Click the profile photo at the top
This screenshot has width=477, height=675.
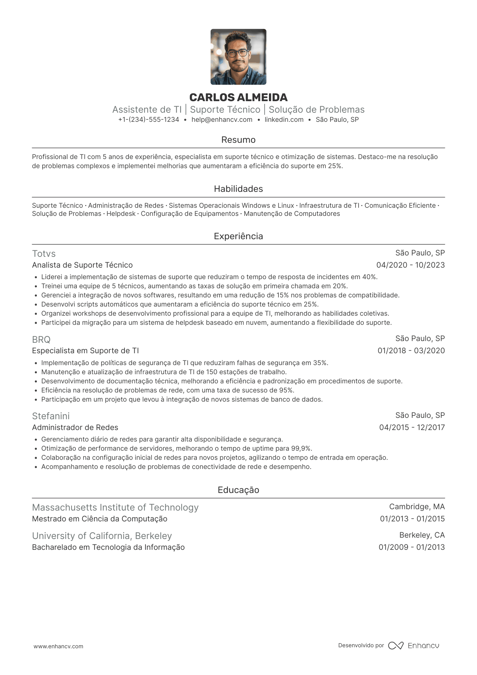238,57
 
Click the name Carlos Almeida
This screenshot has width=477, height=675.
238,97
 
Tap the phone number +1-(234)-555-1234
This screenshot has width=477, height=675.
149,119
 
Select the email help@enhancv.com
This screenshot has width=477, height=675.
222,119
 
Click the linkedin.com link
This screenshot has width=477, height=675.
284,119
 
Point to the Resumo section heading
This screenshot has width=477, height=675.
238,140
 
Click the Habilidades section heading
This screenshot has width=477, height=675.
238,189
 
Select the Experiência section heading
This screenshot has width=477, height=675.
238,236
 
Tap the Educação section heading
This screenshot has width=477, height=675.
238,490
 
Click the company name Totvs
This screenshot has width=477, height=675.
44,254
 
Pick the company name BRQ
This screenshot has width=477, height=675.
41,339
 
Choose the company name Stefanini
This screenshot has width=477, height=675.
51,416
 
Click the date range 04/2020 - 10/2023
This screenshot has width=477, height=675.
410,265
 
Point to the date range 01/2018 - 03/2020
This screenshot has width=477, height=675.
411,351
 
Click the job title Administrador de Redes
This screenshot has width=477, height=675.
75,427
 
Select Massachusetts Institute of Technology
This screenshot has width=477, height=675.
115,508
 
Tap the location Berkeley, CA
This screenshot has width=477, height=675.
422,535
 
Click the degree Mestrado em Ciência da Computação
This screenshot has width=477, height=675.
99,519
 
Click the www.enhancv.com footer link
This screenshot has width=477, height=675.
58,646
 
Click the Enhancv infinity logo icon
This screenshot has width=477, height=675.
395,646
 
